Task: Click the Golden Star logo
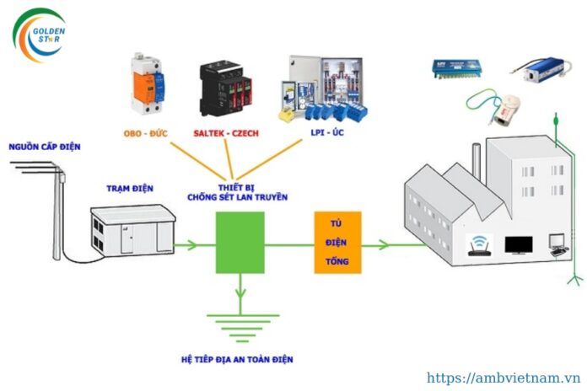tap(40, 35)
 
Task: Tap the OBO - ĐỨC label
tap(146, 133)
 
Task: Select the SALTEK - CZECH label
tap(226, 133)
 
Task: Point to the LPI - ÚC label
tap(327, 132)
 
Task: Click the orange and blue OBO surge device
tap(147, 83)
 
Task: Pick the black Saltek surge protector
tap(225, 88)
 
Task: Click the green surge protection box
tap(240, 243)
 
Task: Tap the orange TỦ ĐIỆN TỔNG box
tap(337, 243)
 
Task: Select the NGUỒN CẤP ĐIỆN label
tap(45, 147)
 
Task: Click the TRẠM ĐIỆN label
tap(130, 188)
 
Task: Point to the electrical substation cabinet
tap(133, 230)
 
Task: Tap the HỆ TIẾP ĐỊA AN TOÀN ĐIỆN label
tap(237, 360)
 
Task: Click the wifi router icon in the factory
tap(479, 245)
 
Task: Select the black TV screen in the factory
tap(519, 245)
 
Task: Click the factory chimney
tap(477, 162)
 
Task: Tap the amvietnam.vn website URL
tap(504, 378)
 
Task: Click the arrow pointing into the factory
tap(394, 245)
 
